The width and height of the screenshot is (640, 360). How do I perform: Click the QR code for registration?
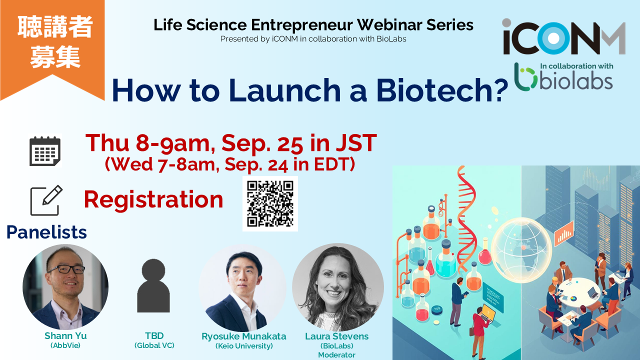270,203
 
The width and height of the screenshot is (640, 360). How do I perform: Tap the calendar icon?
45,151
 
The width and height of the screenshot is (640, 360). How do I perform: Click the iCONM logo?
563,37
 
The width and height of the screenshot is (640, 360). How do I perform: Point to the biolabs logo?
563,77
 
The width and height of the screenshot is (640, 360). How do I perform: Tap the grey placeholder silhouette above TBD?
153,285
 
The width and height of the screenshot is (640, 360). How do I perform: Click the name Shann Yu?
65,335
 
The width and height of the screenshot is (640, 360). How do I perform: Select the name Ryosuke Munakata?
244,336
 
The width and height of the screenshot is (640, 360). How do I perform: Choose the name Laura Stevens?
336,336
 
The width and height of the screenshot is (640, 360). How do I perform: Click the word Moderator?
336,355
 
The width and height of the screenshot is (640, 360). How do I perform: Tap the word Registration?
153,199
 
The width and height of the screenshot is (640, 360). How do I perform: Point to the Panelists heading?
46,232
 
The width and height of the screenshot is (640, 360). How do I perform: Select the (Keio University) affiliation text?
244,346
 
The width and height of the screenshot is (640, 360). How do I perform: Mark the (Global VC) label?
154,345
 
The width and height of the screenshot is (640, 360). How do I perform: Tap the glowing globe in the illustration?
521,248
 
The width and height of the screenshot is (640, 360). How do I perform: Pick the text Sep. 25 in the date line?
261,143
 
